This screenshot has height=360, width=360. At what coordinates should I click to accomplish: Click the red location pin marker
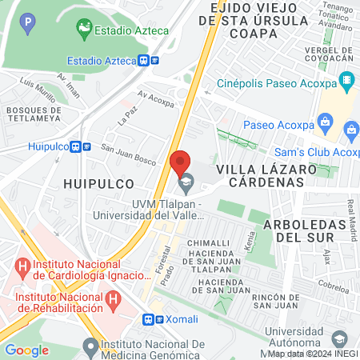click(181, 164)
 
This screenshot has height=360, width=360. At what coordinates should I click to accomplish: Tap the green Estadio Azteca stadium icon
click(83, 30)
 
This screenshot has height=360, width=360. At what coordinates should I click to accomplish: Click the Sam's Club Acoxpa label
click(317, 152)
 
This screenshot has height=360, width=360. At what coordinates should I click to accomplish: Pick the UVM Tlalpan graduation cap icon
click(186, 183)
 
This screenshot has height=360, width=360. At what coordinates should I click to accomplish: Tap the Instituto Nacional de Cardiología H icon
click(20, 265)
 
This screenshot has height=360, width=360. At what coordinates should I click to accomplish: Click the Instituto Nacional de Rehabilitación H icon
click(114, 301)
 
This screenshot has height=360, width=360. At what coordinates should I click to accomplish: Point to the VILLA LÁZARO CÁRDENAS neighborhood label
click(260, 175)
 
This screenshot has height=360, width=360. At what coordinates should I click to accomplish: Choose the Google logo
click(26, 350)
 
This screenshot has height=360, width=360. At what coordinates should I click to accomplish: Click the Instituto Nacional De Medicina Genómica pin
click(90, 347)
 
